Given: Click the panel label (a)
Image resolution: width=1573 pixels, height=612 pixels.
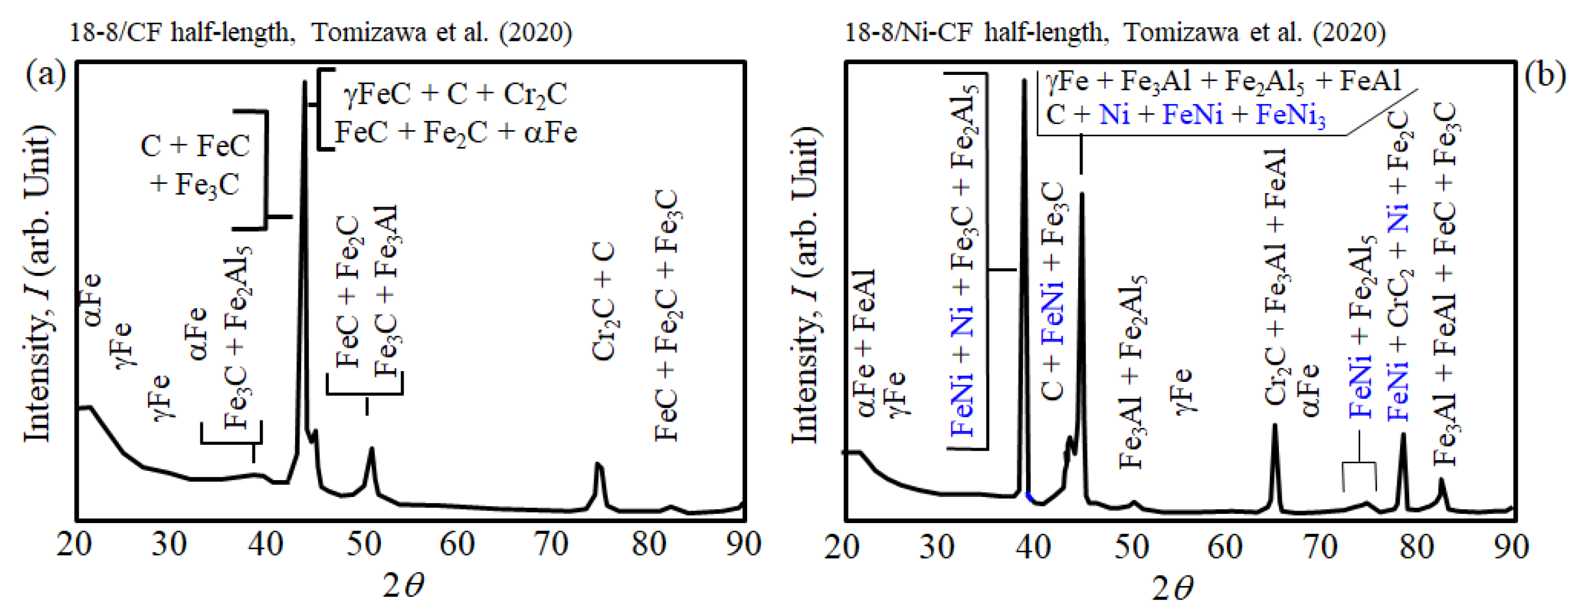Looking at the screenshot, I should click(44, 76).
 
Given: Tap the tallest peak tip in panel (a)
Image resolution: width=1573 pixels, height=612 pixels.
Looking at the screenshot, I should click(304, 83).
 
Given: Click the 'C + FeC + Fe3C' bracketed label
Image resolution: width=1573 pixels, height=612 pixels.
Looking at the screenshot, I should click(195, 165).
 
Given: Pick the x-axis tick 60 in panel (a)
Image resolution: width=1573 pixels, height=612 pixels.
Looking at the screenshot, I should click(457, 544).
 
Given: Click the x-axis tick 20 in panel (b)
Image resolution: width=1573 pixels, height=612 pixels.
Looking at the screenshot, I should click(843, 546).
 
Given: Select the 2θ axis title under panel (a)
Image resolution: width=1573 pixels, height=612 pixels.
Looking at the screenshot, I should click(403, 586).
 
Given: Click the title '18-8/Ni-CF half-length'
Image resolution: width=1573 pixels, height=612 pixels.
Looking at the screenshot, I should click(977, 32).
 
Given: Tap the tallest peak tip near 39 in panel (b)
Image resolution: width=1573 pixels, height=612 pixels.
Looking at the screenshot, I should click(1024, 81).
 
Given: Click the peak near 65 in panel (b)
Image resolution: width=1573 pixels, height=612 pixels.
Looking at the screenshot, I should click(1275, 426).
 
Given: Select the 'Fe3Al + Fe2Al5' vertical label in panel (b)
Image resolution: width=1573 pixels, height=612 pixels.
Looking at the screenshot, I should click(1131, 373).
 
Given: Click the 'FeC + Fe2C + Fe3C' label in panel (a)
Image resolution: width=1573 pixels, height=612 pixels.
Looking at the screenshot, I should click(667, 315).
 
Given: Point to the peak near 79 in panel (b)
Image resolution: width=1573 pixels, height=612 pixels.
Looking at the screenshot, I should click(1403, 435).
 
